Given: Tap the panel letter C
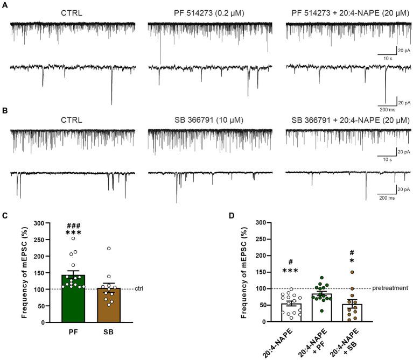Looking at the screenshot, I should click(4, 216).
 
